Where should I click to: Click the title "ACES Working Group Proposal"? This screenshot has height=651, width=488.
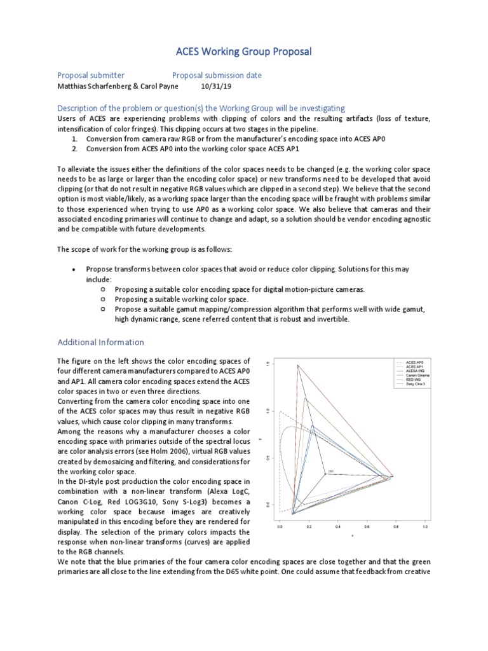pos(243,51)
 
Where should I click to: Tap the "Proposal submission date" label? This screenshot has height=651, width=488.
pos(217,76)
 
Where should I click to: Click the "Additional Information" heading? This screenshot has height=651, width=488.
pos(100,342)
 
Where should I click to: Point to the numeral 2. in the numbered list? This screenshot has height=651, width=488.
pos(74,149)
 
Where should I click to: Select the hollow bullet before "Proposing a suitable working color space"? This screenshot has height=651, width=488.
pos(102,299)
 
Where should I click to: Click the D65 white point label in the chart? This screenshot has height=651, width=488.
pos(330,471)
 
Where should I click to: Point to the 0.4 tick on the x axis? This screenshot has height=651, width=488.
pos(337,527)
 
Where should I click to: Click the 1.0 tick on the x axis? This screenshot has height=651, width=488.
pos(424,527)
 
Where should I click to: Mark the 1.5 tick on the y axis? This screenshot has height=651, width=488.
pos(269,364)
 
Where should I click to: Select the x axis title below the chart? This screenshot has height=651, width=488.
pos(352,535)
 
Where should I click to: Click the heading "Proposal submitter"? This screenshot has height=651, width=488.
pos(91,76)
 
